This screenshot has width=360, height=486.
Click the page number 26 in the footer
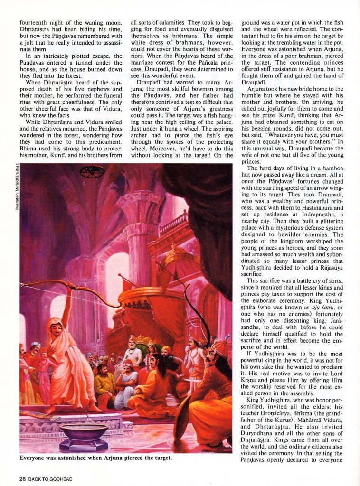pos(22,479)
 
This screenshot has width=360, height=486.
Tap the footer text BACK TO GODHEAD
pos(50,479)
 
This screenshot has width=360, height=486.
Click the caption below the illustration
pos(96,458)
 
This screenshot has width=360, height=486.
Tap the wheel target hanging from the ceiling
pos(92,171)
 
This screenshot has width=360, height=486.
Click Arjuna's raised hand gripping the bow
pos(70,284)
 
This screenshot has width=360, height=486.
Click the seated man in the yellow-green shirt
pos(104,383)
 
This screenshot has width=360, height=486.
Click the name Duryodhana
pos(262,440)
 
